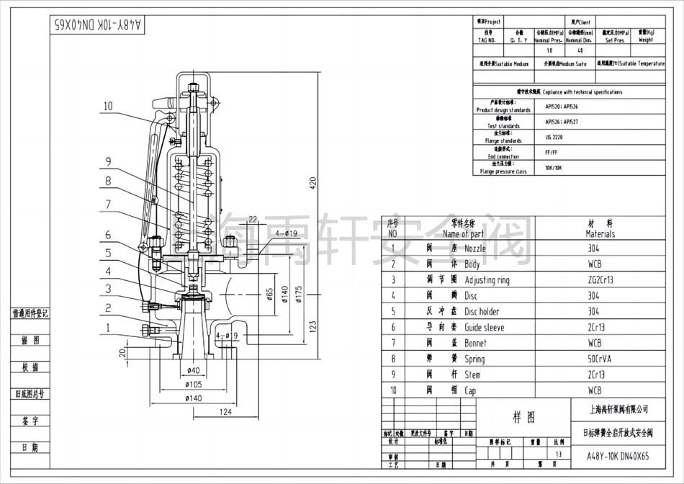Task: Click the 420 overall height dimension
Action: [312, 184]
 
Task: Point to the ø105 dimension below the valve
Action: [194, 384]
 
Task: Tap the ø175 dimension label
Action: [297, 292]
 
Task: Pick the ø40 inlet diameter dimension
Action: [193, 370]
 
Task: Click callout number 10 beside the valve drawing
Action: [107, 106]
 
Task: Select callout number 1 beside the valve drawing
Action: [107, 328]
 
